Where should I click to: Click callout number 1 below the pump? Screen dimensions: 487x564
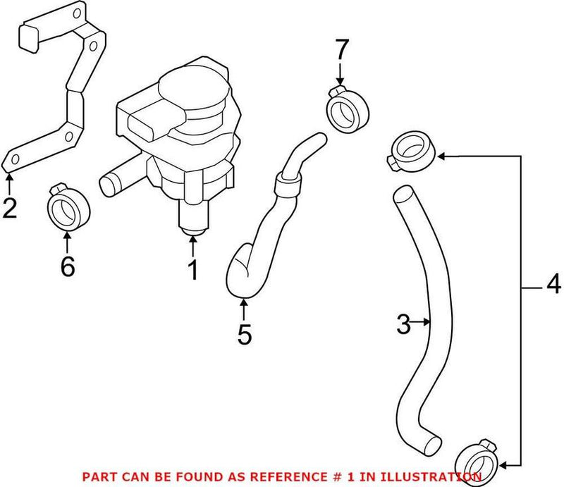tap(192, 269)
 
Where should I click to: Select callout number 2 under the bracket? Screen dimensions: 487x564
tap(9, 209)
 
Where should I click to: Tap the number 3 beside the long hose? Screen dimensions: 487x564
tap(403, 324)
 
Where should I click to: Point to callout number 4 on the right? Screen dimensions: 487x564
tap(553, 285)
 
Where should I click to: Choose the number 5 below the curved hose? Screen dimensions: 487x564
tap(243, 335)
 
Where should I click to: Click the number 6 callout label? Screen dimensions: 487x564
tap(67, 268)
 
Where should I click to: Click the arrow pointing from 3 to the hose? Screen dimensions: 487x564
tap(422, 323)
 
